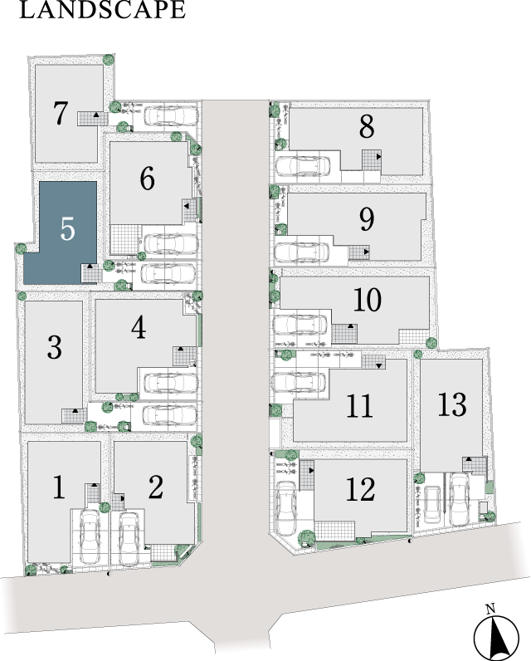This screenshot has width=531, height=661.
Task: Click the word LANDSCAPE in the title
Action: click(x=102, y=9)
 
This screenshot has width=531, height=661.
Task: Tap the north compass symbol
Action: click(x=495, y=637)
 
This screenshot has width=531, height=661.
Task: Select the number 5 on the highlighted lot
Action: click(x=67, y=229)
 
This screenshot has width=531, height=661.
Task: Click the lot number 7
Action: click(x=61, y=113)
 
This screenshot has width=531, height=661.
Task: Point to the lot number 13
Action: click(x=452, y=404)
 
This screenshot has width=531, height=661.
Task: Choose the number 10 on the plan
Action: click(x=368, y=300)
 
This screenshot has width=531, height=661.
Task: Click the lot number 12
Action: click(x=360, y=489)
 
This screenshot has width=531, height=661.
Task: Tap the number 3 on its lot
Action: click(x=54, y=348)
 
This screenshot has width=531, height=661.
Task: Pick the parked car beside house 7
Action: click(x=171, y=115)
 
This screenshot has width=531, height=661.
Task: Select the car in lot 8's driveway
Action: click(x=303, y=166)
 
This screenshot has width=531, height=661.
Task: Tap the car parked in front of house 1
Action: click(x=90, y=537)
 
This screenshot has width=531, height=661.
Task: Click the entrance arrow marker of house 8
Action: click(x=378, y=156)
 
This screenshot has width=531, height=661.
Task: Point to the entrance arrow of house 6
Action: click(x=186, y=206)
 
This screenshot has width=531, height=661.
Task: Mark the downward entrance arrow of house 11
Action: click(x=378, y=366)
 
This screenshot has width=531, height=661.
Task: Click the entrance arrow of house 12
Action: click(x=311, y=470)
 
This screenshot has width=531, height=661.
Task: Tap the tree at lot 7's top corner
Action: click(x=108, y=60)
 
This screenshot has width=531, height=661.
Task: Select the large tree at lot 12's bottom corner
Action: click(x=307, y=538)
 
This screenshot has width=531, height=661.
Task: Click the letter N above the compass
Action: click(x=490, y=609)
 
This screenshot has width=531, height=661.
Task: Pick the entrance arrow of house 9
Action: click(x=367, y=252)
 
